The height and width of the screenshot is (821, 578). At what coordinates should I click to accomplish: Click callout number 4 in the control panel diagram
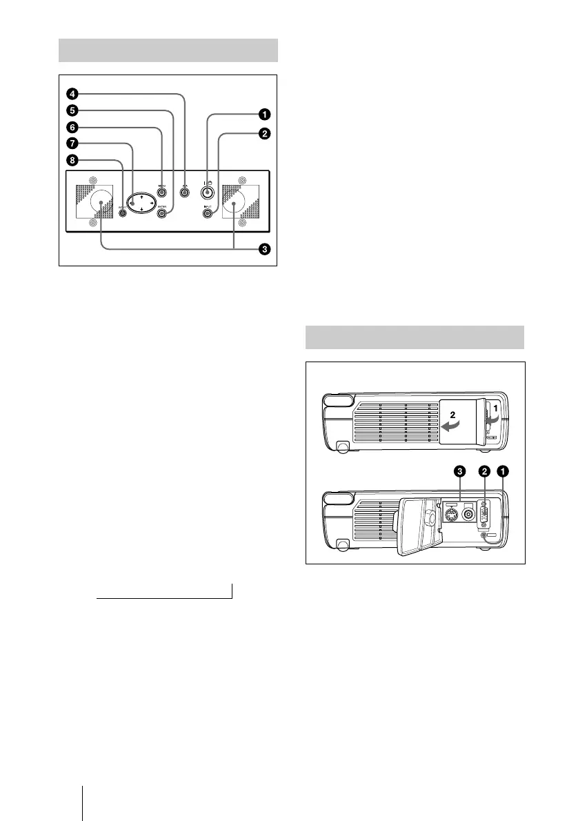pos(72,93)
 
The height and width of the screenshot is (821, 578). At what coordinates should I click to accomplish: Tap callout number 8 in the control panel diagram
pos(72,160)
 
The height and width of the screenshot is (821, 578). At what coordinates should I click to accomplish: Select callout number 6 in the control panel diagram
pos(72,127)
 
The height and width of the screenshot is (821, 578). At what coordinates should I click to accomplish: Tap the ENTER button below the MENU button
pos(163,214)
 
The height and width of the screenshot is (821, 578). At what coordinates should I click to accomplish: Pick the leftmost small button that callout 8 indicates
pos(123,212)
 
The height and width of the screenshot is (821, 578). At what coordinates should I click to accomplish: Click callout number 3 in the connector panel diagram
pos(459,471)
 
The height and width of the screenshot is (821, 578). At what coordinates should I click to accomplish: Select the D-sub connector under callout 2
pos(484,515)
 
